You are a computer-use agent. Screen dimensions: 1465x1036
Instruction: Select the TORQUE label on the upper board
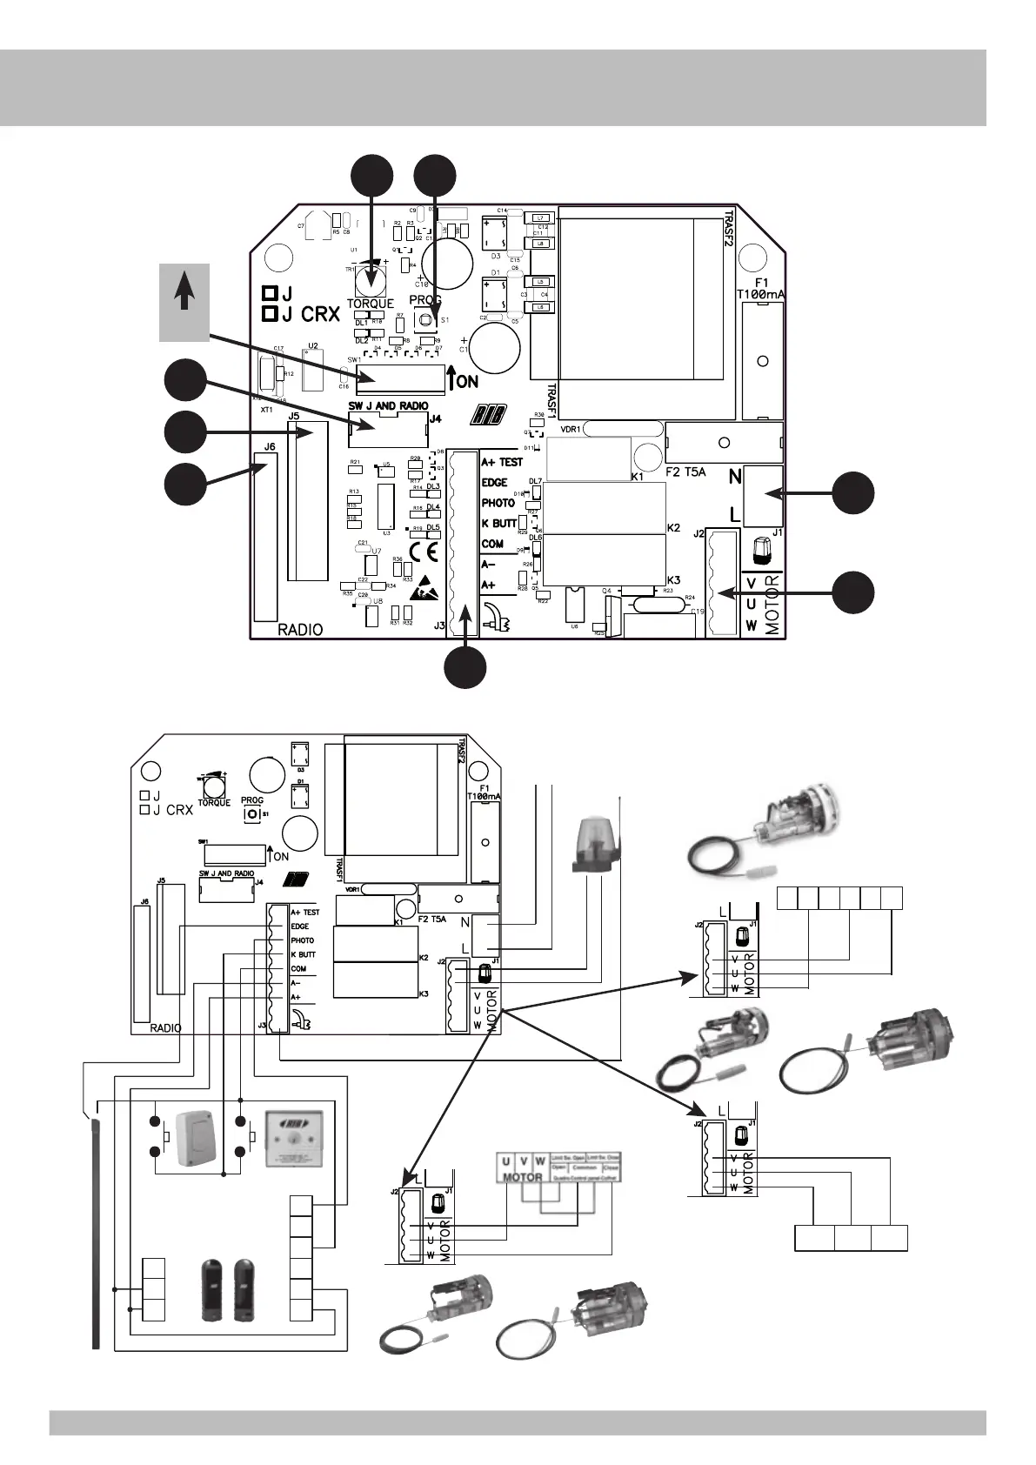(371, 304)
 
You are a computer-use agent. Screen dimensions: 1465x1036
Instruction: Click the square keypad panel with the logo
(294, 1139)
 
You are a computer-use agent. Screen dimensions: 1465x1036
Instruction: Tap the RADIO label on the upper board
(300, 630)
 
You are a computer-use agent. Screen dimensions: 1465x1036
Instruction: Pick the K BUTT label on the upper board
(499, 524)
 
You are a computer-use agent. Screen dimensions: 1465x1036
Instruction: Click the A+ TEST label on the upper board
(503, 462)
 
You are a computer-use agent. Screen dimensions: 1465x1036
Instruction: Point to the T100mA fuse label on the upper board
(760, 295)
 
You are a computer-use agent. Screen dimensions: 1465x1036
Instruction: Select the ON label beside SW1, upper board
(467, 381)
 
